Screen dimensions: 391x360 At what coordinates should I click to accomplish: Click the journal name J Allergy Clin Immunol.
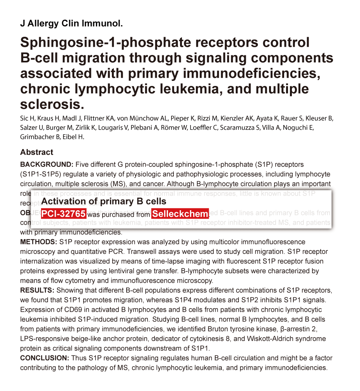pos(71,24)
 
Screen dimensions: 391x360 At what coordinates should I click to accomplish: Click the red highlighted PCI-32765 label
pos(63,214)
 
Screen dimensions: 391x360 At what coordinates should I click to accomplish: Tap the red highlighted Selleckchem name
pos(180,214)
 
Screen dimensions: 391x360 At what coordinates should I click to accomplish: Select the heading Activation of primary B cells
pos(104,201)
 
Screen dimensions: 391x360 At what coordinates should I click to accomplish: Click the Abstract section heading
pos(37,152)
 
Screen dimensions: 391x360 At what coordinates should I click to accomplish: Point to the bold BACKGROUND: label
pos(46,165)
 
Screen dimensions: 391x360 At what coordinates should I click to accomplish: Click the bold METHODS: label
pos(39,242)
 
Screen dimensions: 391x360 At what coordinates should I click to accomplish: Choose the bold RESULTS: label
pos(38,290)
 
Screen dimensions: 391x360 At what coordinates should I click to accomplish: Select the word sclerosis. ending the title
pos(52,105)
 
